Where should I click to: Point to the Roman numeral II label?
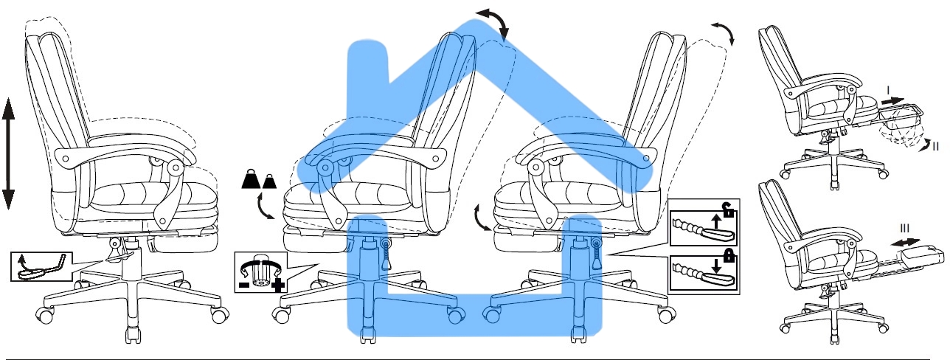[935, 146]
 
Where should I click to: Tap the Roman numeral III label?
[904, 229]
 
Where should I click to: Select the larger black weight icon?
[251, 179]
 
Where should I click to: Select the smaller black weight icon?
[270, 181]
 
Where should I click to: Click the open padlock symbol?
[728, 210]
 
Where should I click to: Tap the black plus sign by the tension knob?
[277, 285]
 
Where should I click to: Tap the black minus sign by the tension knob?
[244, 285]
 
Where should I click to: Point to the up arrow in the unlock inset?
[715, 221]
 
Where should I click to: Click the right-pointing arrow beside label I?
[892, 101]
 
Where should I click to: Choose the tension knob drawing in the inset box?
[260, 271]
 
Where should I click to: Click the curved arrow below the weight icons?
[264, 207]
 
